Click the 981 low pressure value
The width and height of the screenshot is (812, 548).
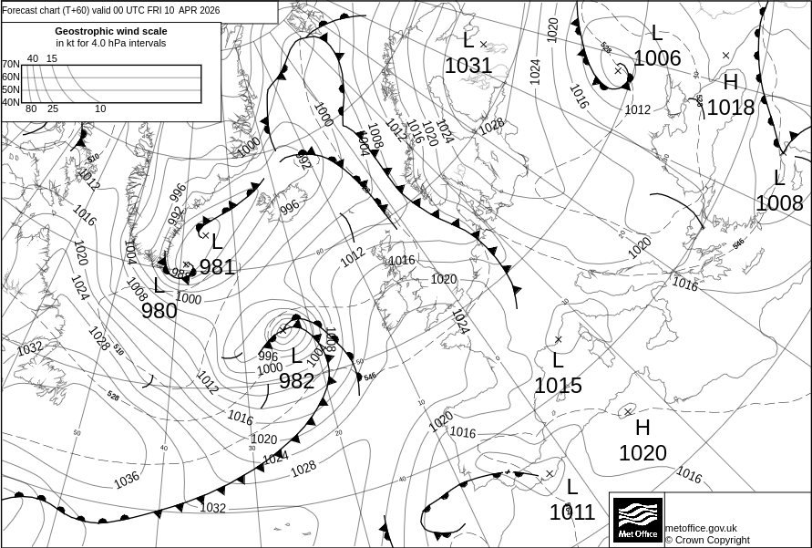pos(217,267)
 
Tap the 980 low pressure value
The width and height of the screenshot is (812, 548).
pos(159,311)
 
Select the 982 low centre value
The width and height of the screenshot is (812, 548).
pos(296,381)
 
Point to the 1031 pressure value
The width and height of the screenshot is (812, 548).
pos(468,66)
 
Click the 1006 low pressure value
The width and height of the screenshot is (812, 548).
pos(657,58)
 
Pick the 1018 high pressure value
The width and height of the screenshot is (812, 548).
pos(731,108)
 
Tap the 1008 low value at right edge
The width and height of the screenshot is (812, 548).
pos(779,203)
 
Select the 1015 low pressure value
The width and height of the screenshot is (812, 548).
pos(558,386)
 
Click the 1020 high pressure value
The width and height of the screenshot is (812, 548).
pos(642,453)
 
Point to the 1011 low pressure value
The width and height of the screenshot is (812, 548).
pos(571,512)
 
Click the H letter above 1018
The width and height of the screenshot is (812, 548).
pos(731,82)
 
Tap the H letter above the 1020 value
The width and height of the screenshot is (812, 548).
pos(643,428)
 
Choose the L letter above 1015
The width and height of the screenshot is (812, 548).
pos(558,361)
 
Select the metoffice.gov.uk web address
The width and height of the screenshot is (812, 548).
pos(701,528)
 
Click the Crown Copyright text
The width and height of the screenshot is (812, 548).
pos(707,540)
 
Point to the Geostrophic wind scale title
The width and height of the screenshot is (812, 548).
pos(111,31)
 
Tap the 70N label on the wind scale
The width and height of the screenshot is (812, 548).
pos(10,64)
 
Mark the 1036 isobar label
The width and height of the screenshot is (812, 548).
pos(127,479)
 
